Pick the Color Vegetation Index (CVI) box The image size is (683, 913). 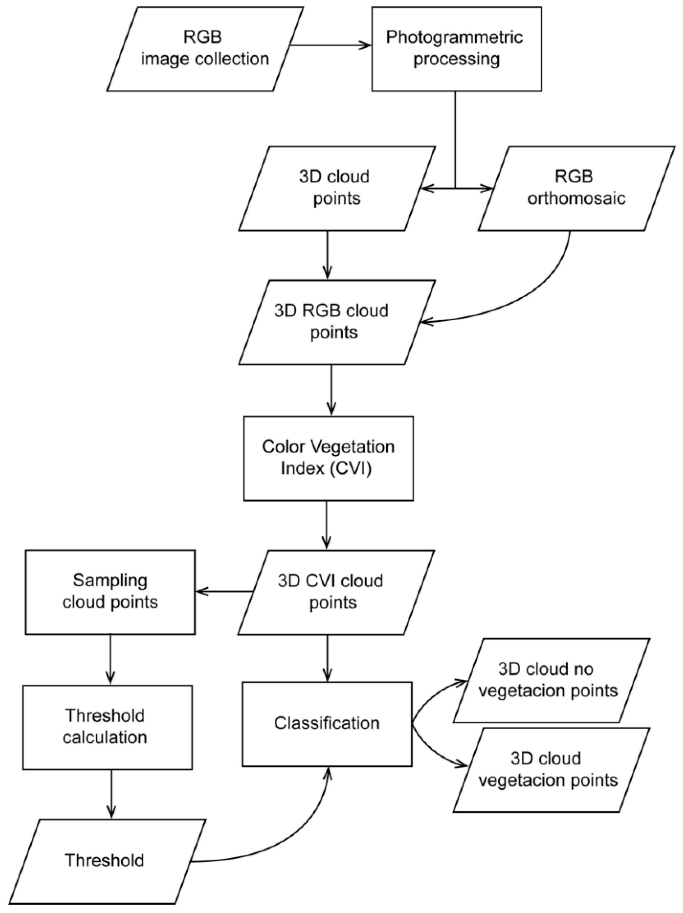(x=328, y=458)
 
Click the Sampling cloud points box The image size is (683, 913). (x=110, y=591)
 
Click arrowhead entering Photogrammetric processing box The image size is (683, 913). (x=366, y=45)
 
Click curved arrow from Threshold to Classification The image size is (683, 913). (x=289, y=842)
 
